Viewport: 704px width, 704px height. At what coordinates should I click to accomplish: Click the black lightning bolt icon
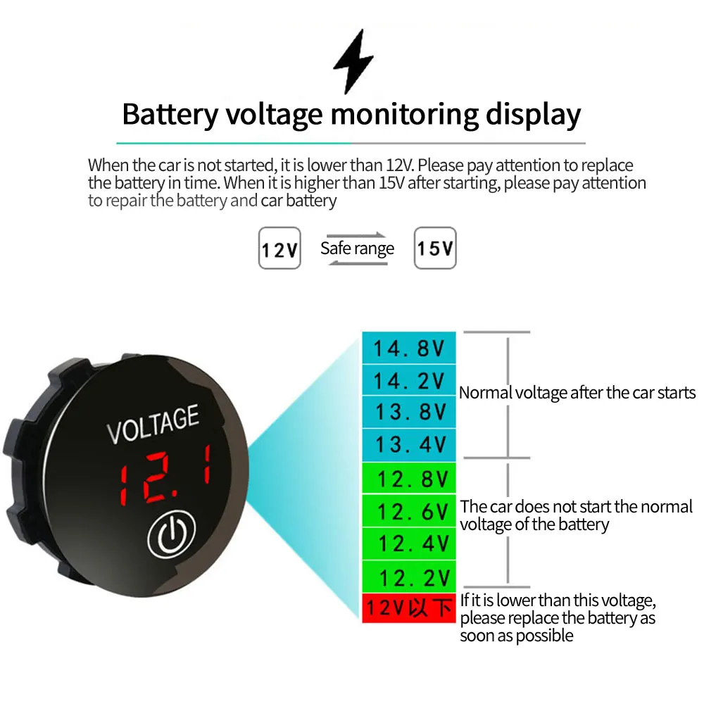click(x=352, y=62)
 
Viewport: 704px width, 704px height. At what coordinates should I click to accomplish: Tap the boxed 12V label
click(x=279, y=248)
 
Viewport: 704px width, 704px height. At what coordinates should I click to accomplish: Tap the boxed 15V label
click(x=434, y=248)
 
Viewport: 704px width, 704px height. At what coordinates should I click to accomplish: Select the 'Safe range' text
click(x=357, y=248)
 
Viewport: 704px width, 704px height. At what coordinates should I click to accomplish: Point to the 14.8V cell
click(x=408, y=348)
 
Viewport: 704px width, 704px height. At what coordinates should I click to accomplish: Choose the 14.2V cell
click(x=408, y=380)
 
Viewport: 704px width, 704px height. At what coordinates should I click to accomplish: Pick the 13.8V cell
click(x=408, y=412)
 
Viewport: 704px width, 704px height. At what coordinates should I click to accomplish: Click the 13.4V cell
click(x=408, y=444)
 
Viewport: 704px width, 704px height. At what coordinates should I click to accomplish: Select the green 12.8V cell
click(x=408, y=479)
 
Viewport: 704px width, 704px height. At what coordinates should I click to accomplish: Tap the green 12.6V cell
click(x=408, y=511)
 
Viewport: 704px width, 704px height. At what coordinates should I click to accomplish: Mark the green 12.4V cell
click(x=408, y=543)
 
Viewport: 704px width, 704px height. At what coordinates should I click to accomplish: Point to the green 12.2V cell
click(x=408, y=577)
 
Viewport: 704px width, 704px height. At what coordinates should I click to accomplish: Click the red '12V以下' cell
click(x=408, y=608)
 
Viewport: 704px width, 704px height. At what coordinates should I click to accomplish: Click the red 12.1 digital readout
click(x=165, y=475)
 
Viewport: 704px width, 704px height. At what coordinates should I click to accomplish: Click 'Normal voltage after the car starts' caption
click(x=577, y=393)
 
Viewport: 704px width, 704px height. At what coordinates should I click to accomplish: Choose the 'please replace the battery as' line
click(x=558, y=619)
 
